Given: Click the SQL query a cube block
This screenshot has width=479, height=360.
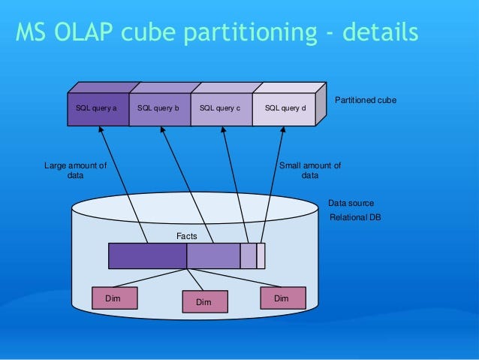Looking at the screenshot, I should click(97, 109).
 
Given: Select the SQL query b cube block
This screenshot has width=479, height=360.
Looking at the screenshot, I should click(158, 109).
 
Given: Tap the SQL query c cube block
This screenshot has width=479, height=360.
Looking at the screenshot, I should click(220, 109).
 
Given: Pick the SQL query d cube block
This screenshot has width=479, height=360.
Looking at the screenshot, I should click(282, 109).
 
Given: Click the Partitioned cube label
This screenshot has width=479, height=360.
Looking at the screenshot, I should click(365, 100).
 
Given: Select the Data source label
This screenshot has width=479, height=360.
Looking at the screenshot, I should click(351, 203).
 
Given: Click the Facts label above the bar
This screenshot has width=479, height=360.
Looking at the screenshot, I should click(186, 236).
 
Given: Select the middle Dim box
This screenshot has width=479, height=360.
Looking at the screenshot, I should click(203, 301).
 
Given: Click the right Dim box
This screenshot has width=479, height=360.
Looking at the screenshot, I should click(282, 298).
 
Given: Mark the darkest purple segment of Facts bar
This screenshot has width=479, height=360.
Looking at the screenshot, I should click(147, 256).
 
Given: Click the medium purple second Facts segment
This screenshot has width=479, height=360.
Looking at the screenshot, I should click(213, 256).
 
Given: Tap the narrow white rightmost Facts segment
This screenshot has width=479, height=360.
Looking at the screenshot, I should click(261, 256).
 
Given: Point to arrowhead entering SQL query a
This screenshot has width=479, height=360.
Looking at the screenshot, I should click(100, 130).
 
